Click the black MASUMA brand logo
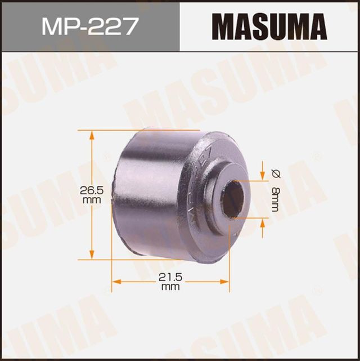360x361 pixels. click(269, 26)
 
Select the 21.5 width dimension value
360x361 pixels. click(170, 278)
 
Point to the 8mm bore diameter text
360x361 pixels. click(274, 200)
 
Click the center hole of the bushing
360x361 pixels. click(233, 199)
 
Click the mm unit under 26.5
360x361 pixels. click(91, 200)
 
